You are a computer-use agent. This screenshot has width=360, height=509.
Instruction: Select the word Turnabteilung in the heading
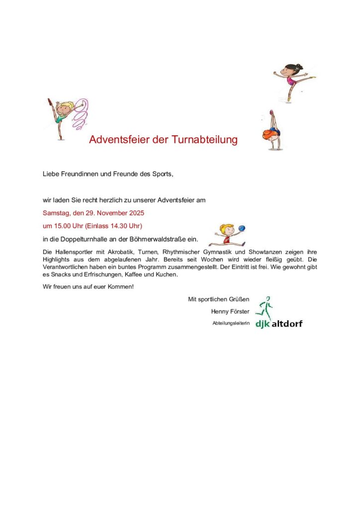tap(205, 140)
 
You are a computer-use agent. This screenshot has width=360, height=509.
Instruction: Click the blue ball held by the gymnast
tap(242, 228)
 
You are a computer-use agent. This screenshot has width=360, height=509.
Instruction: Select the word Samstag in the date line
tap(56, 213)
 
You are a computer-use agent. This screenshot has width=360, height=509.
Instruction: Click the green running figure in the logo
tap(264, 308)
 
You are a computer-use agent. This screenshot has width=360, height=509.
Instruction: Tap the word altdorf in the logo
tap(286, 324)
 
